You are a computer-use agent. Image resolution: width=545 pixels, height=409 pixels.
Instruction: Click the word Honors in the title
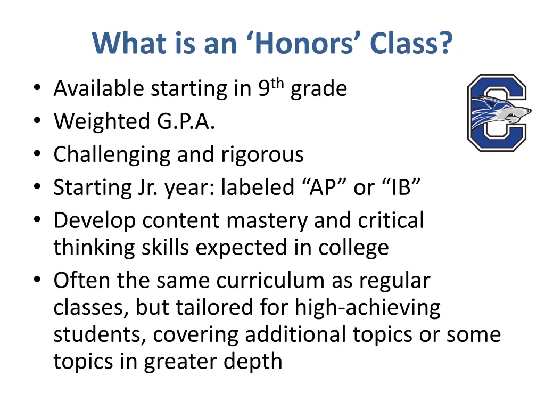301,43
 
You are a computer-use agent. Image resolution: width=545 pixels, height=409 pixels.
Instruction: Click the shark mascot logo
497,112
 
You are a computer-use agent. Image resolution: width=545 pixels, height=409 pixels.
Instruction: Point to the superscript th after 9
278,83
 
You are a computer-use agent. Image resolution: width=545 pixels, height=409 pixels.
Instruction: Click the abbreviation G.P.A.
186,122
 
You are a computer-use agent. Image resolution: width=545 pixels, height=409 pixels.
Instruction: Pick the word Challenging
112,155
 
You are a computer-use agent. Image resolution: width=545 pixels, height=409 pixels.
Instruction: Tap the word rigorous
262,155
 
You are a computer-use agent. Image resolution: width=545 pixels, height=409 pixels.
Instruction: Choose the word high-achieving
368,307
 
